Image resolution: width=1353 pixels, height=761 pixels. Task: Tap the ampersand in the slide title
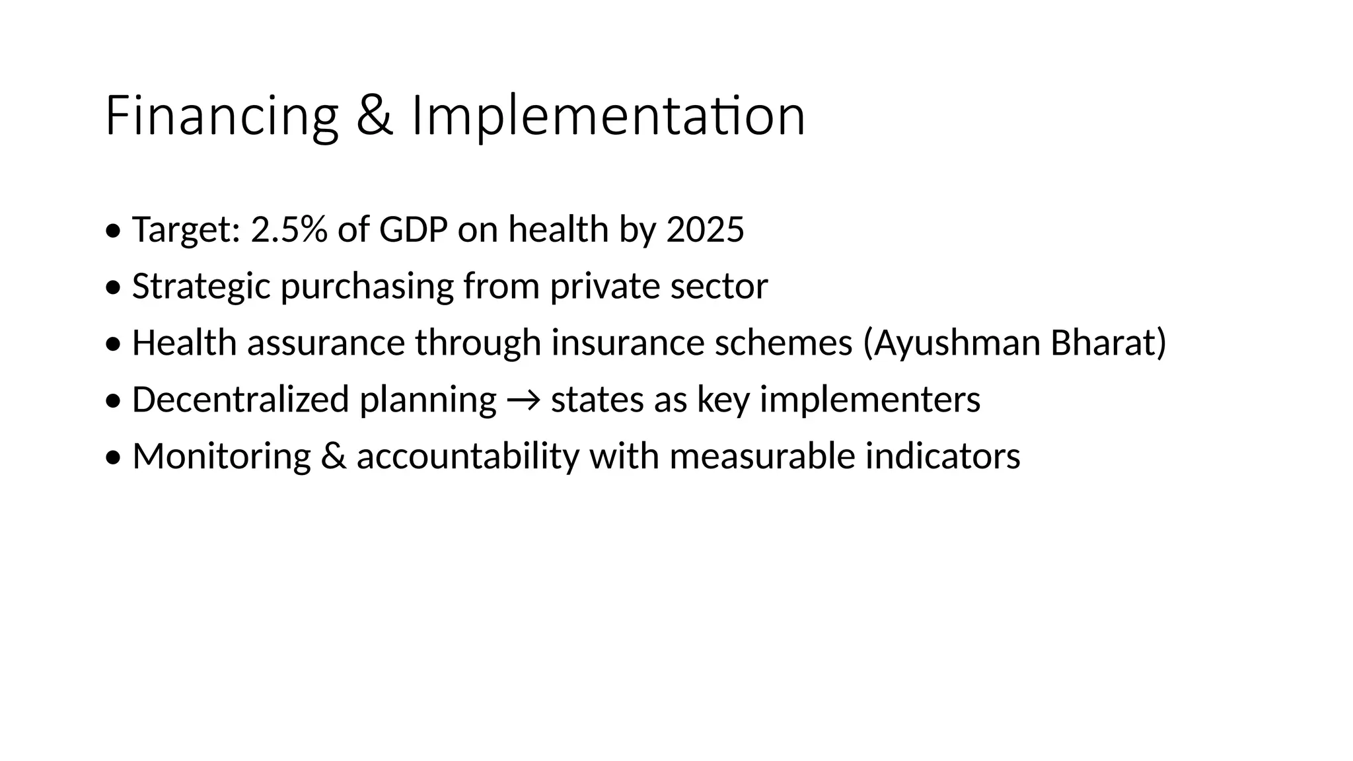(x=375, y=116)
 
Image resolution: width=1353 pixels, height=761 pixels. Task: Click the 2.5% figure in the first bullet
(x=289, y=230)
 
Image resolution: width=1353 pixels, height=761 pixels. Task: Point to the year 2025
(x=706, y=230)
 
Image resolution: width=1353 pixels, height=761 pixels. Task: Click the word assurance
(x=326, y=344)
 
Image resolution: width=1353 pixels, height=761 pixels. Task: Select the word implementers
(x=870, y=401)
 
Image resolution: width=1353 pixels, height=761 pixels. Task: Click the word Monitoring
(x=221, y=457)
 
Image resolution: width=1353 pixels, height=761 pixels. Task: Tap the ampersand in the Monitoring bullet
(x=334, y=457)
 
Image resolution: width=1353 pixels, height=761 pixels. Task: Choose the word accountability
(x=468, y=457)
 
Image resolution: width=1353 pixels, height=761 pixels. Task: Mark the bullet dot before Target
(x=114, y=232)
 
